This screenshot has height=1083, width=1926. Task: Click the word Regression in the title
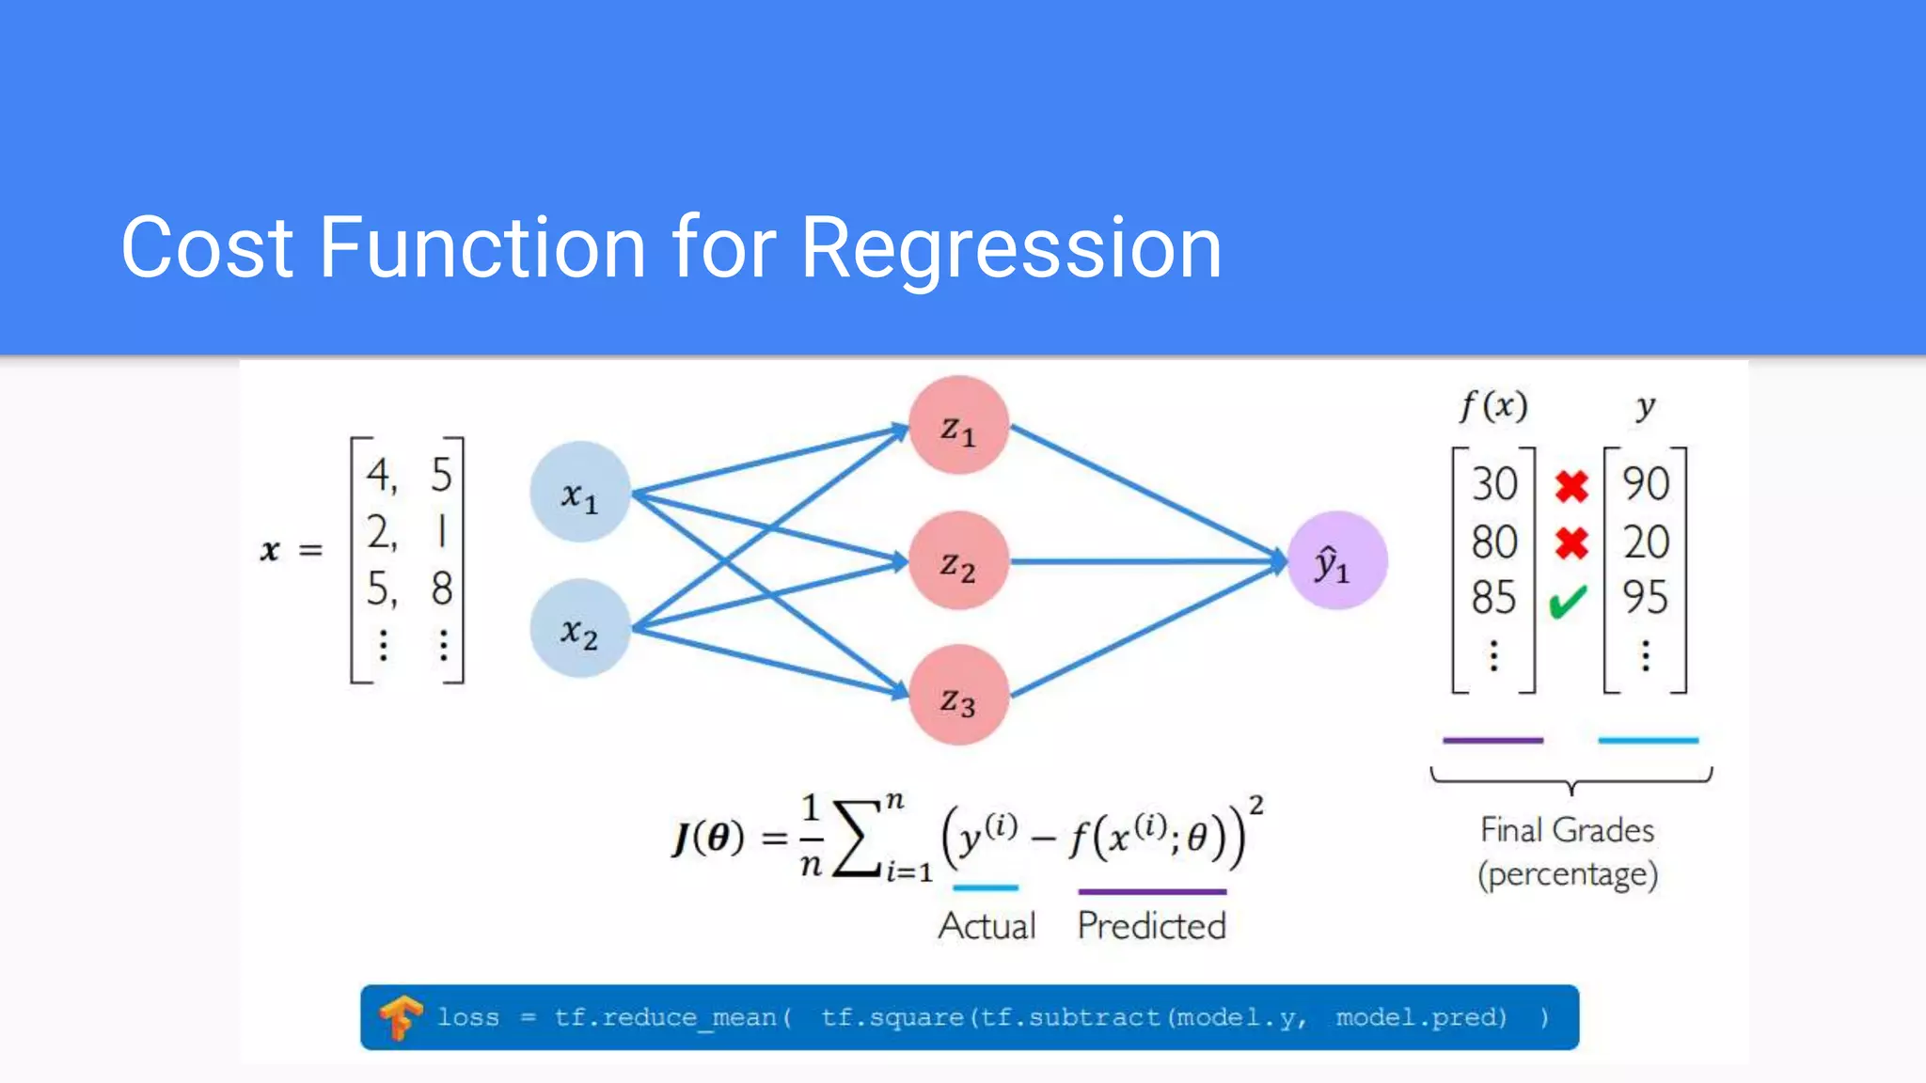pos(1011,248)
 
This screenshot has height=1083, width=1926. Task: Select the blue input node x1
pos(579,492)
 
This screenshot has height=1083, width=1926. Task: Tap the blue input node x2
pos(579,628)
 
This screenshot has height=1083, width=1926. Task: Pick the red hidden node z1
pos(958,426)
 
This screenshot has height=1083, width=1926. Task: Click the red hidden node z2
pos(958,561)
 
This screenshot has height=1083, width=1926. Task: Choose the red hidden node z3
pos(958,696)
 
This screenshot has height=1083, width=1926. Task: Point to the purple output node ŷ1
pos(1335,561)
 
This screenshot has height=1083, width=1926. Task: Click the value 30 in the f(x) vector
pos(1493,484)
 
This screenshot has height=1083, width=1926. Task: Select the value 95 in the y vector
pos(1645,597)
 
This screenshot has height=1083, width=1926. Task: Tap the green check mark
pos(1569,601)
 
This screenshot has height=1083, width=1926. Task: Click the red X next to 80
pos(1571,542)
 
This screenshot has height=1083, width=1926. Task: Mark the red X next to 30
pos(1571,486)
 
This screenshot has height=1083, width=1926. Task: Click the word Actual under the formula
pos(987,926)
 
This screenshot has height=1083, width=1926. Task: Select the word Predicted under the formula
pos(1151,926)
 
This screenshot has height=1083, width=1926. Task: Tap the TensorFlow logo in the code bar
pos(400,1017)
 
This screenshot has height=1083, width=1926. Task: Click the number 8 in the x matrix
pos(442,589)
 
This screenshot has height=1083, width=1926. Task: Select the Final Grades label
pos(1567,830)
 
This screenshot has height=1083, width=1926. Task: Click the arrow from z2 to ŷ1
pos(1147,561)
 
